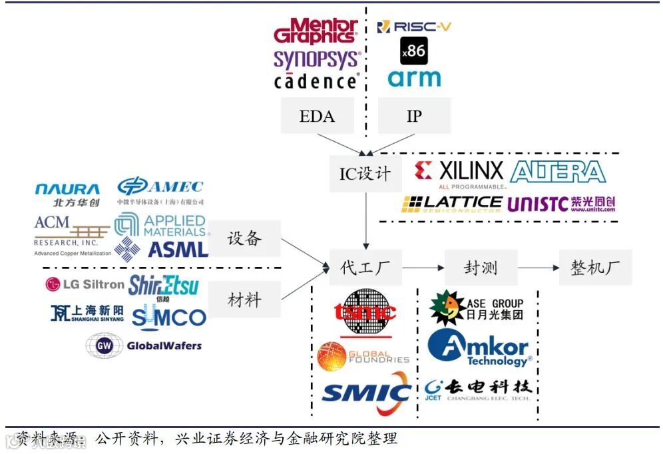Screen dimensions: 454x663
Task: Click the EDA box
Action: pyautogui.click(x=317, y=116)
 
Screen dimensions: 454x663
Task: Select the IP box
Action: pyautogui.click(x=414, y=116)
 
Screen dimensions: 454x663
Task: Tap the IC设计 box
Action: pyautogui.click(x=365, y=174)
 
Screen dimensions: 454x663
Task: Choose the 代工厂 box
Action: pyautogui.click(x=365, y=268)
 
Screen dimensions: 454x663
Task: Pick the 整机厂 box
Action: pyautogui.click(x=595, y=268)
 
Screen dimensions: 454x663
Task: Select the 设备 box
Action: pyautogui.click(x=244, y=238)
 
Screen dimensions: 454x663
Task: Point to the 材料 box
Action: pyautogui.click(x=244, y=299)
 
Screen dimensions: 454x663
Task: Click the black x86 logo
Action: pyautogui.click(x=413, y=51)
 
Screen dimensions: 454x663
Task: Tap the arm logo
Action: pyautogui.click(x=414, y=79)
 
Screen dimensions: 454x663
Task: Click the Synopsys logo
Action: pyautogui.click(x=317, y=59)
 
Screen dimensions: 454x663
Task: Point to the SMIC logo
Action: pyautogui.click(x=365, y=394)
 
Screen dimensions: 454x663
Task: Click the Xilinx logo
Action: pyautogui.click(x=459, y=172)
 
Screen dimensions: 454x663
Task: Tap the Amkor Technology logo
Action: pyautogui.click(x=479, y=348)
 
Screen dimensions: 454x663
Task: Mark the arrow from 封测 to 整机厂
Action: pyautogui.click(x=538, y=268)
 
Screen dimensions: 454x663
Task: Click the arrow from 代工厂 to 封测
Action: pyautogui.click(x=423, y=268)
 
